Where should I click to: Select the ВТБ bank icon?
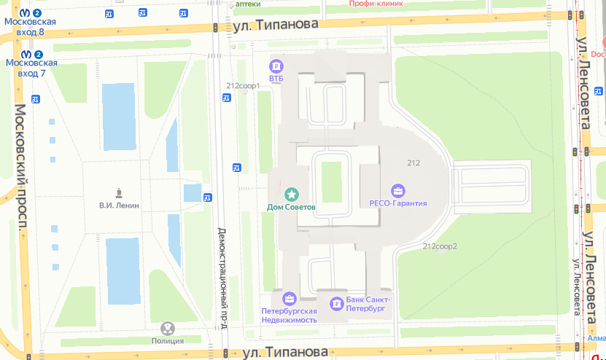(276, 65)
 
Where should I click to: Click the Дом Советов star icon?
(292, 194)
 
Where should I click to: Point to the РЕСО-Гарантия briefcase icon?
(397, 192)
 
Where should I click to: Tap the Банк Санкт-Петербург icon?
(336, 303)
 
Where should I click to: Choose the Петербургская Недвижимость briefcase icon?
(290, 298)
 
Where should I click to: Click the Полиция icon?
(168, 329)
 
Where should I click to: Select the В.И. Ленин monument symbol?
(118, 193)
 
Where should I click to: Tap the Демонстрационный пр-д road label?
(223, 278)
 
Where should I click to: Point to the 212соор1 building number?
(243, 86)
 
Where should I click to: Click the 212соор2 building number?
(440, 246)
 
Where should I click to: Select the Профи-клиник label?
(376, 4)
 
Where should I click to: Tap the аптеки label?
(247, 4)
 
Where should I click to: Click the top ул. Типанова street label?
(276, 25)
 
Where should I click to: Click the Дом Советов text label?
(291, 207)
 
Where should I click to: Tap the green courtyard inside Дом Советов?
(331, 181)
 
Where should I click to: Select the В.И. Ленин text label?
(119, 206)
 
